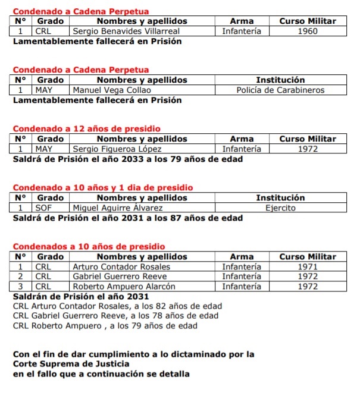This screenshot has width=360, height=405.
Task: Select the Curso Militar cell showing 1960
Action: pyautogui.click(x=308, y=32)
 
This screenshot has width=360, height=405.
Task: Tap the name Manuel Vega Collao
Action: pyautogui.click(x=112, y=90)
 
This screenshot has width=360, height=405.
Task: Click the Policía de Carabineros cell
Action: pyautogui.click(x=280, y=90)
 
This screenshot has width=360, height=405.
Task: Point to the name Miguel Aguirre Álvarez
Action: pyautogui.click(x=117, y=208)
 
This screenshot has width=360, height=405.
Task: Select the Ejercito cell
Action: pyautogui.click(x=280, y=208)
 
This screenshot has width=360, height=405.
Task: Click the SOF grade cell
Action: pyautogui.click(x=44, y=208)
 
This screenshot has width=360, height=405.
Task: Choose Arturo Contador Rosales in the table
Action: pyautogui.click(x=121, y=267)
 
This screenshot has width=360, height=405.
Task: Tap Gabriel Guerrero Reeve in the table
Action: pyautogui.click(x=120, y=277)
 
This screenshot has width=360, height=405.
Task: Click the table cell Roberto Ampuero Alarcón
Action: pyautogui.click(x=124, y=286)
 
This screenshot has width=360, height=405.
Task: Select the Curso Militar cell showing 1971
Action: pyautogui.click(x=308, y=267)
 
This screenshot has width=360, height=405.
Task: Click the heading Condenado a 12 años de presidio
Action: pyautogui.click(x=87, y=129)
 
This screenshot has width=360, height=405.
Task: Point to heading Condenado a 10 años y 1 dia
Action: pyautogui.click(x=103, y=188)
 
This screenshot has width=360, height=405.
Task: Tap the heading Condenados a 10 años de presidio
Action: pyautogui.click(x=89, y=247)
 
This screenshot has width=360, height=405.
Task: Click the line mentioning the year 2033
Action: pyautogui.click(x=127, y=159)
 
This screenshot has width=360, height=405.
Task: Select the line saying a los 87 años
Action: pyautogui.click(x=127, y=218)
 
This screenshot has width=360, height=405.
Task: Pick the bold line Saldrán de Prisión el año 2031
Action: pyautogui.click(x=80, y=296)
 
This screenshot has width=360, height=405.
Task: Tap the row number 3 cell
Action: pyautogui.click(x=21, y=286)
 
